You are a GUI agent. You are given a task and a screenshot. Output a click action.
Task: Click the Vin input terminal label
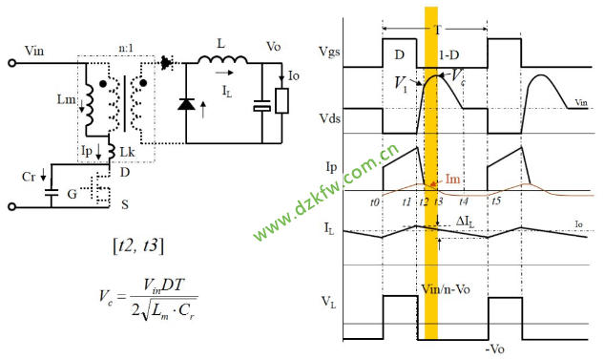(x=34, y=51)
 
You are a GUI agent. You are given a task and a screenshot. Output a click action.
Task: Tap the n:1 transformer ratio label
(x=126, y=48)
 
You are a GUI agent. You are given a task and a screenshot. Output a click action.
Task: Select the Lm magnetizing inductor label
(x=66, y=99)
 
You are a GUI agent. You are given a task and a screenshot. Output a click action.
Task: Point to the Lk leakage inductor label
(x=127, y=152)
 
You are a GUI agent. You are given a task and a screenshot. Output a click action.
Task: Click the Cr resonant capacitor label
(x=29, y=177)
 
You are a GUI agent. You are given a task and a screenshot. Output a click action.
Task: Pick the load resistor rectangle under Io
(x=282, y=100)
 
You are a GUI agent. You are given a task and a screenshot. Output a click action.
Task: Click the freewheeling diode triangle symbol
(x=186, y=104)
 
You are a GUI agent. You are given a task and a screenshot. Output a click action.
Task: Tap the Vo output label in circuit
(x=274, y=47)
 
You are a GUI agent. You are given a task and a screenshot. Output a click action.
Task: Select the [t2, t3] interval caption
(x=138, y=245)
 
